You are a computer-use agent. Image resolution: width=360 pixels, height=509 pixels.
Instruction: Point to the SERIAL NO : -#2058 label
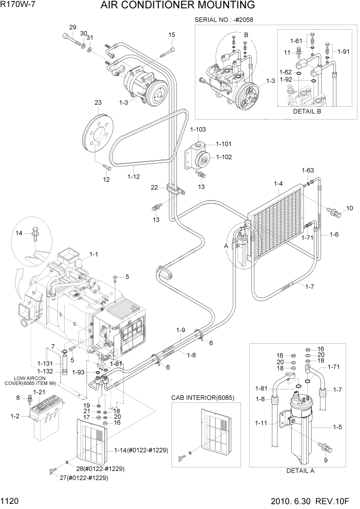224,20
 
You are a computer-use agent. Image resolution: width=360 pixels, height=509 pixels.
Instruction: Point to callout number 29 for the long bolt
72,27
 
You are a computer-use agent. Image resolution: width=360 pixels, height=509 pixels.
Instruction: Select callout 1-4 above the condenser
278,183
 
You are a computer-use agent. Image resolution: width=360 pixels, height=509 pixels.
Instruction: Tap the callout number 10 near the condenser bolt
350,208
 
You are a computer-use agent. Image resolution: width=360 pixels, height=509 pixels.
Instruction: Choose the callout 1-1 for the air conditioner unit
94,253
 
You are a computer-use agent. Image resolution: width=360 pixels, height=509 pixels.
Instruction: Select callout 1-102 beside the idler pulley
224,157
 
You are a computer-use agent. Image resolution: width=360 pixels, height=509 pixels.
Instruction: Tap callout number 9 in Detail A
325,460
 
